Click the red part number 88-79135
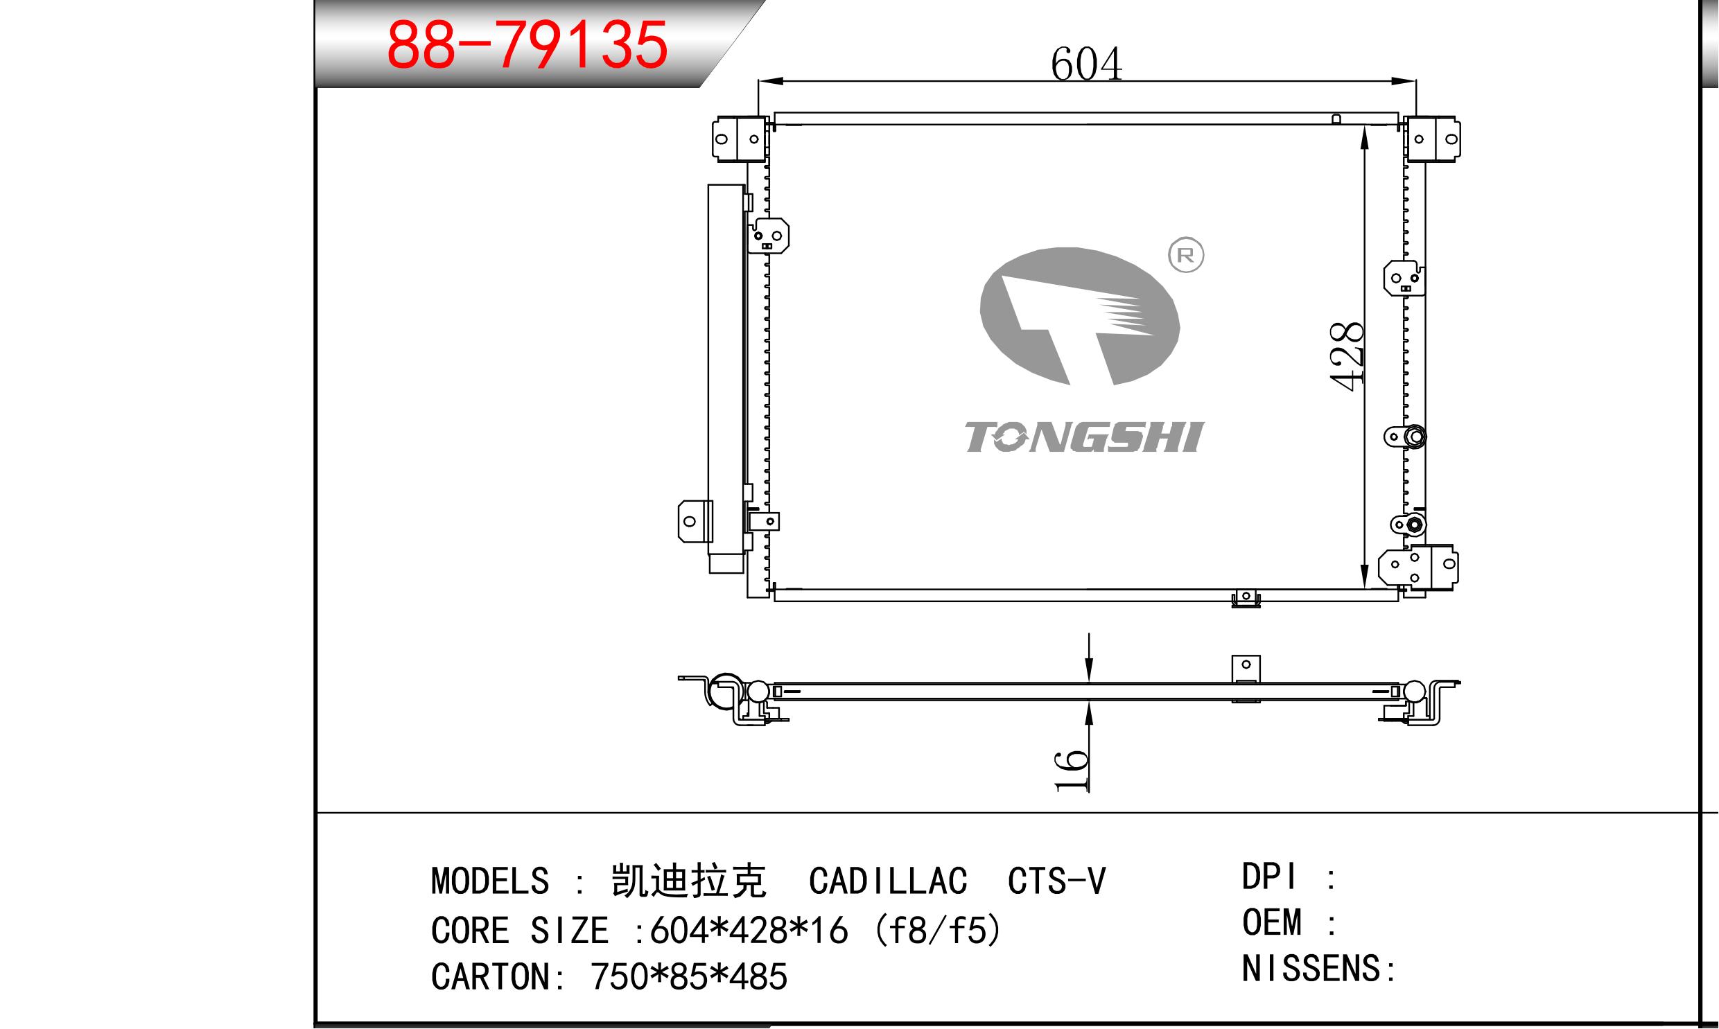(x=527, y=45)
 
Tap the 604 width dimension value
(x=1086, y=64)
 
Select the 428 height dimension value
(x=1347, y=356)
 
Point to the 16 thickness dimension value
(x=1071, y=770)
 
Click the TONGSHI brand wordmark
(x=1085, y=437)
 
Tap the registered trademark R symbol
(x=1186, y=255)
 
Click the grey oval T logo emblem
(x=1080, y=316)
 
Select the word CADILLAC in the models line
(x=888, y=881)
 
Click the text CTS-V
(x=1057, y=881)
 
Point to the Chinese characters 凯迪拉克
(x=688, y=881)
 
